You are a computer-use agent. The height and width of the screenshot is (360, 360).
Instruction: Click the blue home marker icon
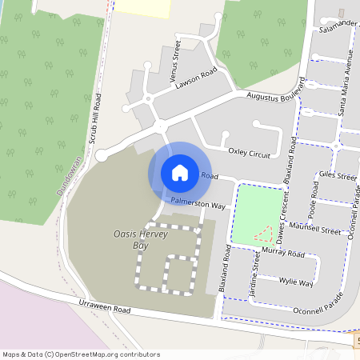[180, 172]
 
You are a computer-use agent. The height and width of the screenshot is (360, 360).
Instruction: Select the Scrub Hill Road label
[96, 118]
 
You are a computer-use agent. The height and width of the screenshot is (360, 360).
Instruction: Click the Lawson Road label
[198, 77]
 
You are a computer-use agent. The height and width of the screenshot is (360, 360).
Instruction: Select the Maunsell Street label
[314, 228]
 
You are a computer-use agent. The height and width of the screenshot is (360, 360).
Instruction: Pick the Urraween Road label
[104, 307]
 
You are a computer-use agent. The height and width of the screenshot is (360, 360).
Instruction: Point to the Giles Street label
[337, 175]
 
